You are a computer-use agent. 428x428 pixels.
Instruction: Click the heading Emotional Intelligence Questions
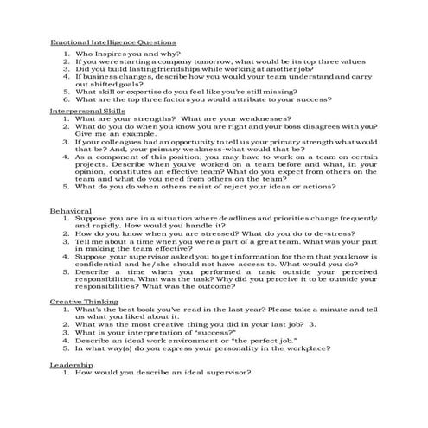point(113,42)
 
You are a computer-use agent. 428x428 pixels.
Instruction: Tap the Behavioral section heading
point(70,209)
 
